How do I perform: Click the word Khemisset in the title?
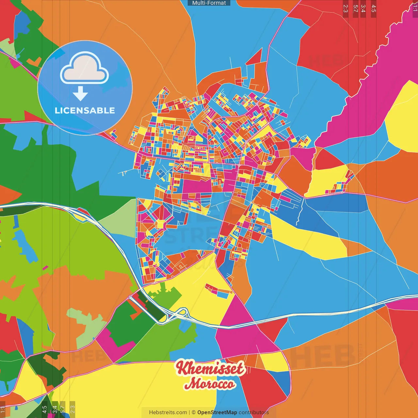pyautogui.click(x=210, y=368)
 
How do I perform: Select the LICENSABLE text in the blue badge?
pyautogui.click(x=85, y=110)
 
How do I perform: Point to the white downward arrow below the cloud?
pyautogui.click(x=80, y=94)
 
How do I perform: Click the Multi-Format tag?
pyautogui.click(x=209, y=3)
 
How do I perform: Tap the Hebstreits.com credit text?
pyautogui.click(x=168, y=412)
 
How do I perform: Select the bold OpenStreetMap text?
pyautogui.click(x=217, y=412)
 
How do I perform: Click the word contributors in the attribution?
pyautogui.click(x=254, y=412)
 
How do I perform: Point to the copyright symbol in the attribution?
pyautogui.click(x=194, y=412)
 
